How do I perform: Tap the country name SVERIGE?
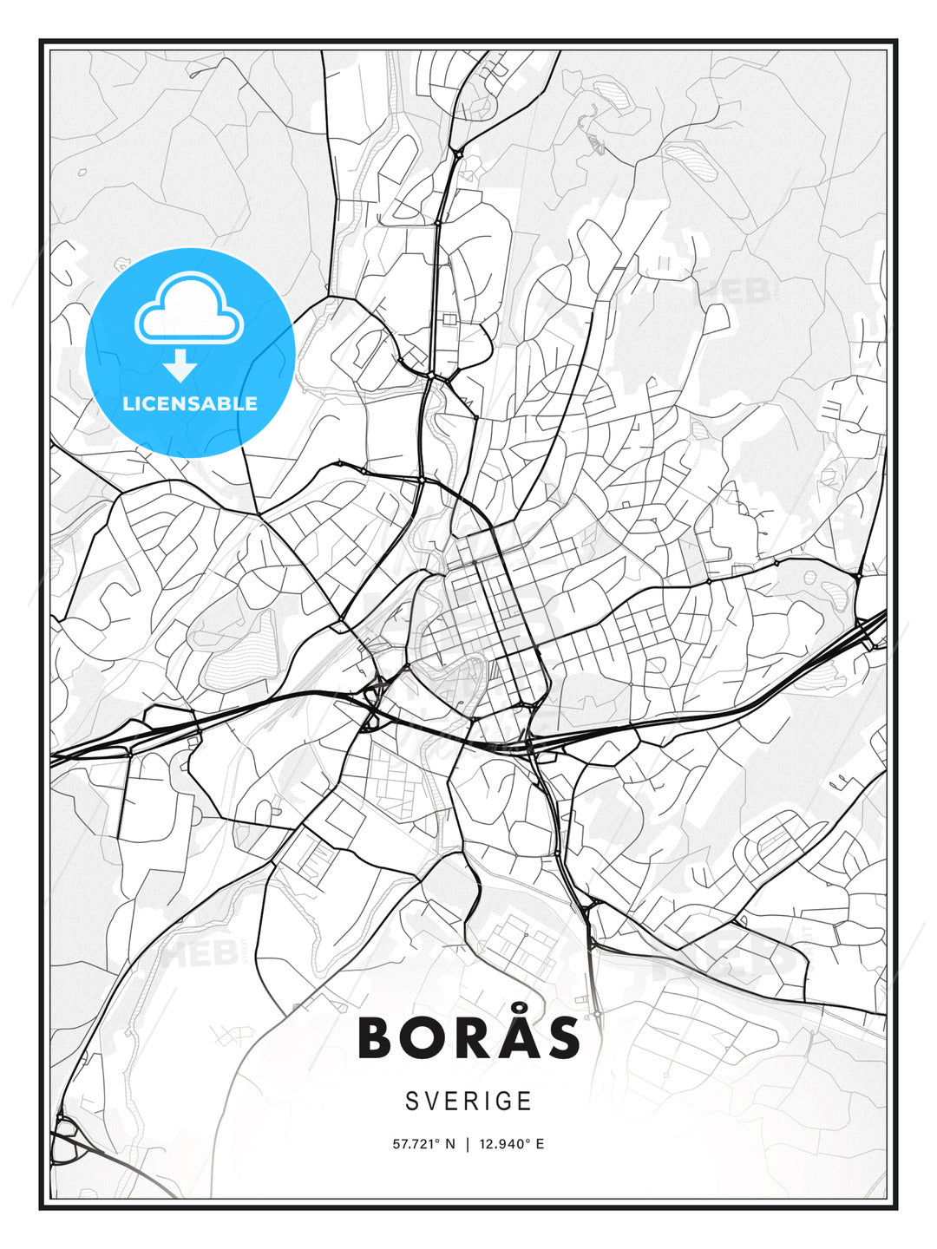pyautogui.click(x=468, y=1102)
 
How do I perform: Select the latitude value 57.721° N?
pyautogui.click(x=423, y=1144)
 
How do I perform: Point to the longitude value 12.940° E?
pyautogui.click(x=510, y=1144)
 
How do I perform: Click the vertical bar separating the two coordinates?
pyautogui.click(x=468, y=1144)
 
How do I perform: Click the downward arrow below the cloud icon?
pyautogui.click(x=180, y=366)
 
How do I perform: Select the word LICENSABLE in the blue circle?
pyautogui.click(x=190, y=403)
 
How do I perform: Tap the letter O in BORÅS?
pyautogui.click(x=425, y=1037)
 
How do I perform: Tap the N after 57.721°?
pyautogui.click(x=449, y=1144)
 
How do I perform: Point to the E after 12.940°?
pyautogui.click(x=540, y=1144)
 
